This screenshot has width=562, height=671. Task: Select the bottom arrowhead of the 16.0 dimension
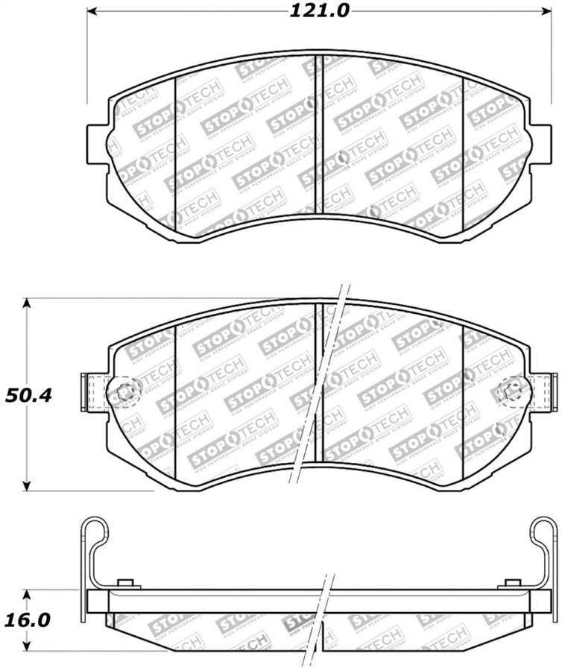click(x=28, y=647)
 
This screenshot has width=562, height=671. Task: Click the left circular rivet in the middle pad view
click(x=126, y=389)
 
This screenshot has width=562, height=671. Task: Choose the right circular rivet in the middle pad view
click(x=512, y=389)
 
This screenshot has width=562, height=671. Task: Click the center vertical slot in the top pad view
click(x=318, y=134)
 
